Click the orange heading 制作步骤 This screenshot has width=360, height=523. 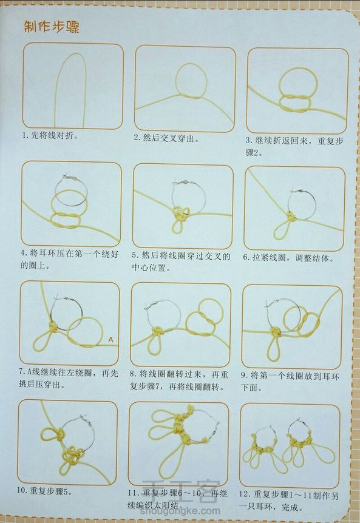52,27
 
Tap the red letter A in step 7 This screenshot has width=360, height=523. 110,340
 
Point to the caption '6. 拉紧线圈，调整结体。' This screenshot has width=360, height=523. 288,258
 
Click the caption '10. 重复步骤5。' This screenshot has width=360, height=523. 45,491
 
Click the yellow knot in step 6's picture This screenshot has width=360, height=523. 291,216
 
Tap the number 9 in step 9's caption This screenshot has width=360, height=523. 244,376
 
